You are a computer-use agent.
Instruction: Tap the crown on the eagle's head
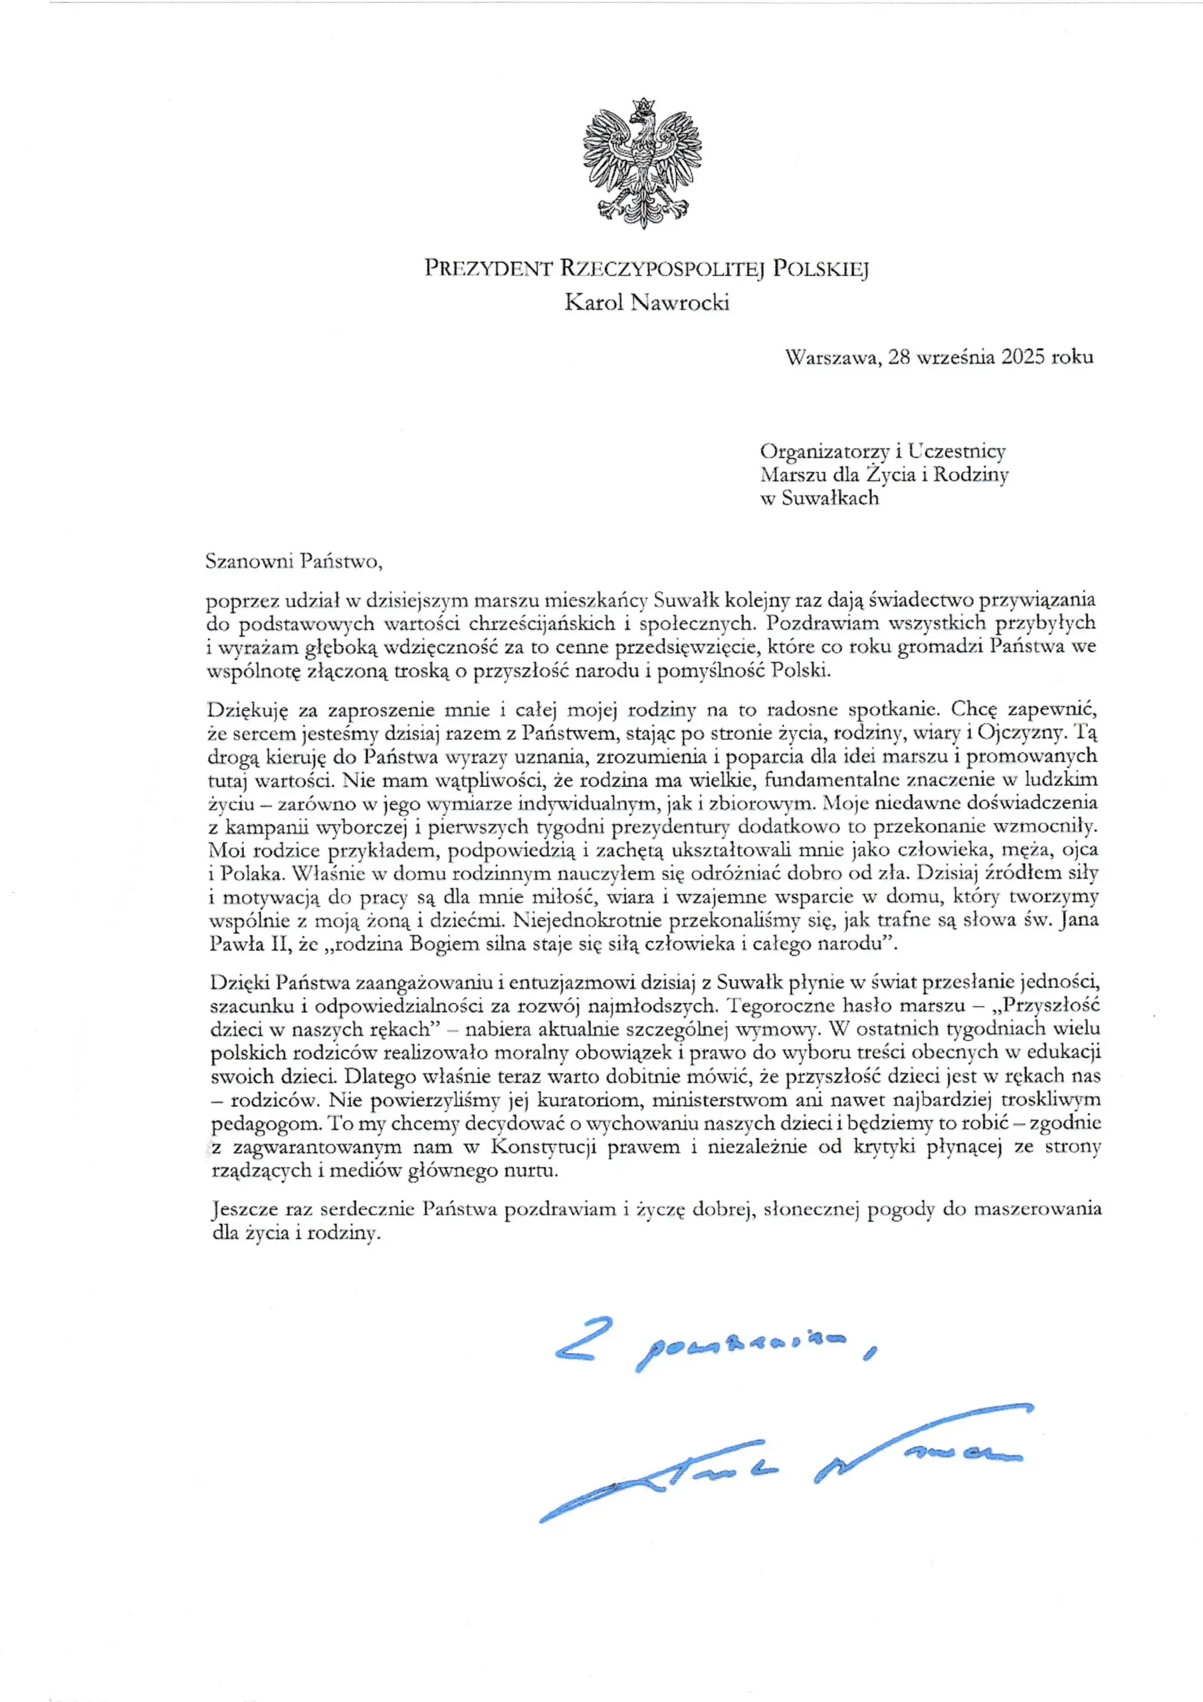coord(643,104)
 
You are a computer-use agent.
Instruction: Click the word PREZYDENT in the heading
coord(488,269)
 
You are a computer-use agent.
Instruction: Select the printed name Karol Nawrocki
coord(646,303)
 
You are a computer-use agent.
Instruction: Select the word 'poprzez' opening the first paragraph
coord(237,601)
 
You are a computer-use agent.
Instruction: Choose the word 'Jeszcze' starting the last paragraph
coord(240,1209)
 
